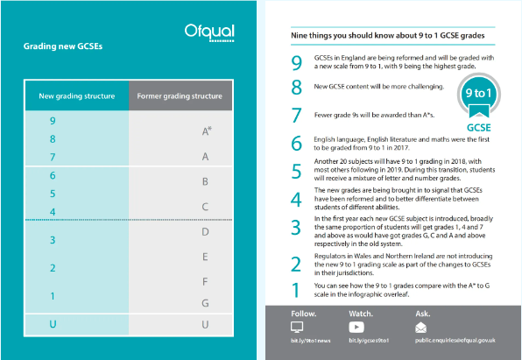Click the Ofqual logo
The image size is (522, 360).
(209, 32)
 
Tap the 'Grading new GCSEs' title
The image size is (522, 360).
(63, 46)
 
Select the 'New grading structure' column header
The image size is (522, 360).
(77, 96)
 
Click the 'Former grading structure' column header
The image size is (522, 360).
(180, 96)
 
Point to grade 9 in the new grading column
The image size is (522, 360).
(53, 121)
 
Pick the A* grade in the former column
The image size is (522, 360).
(207, 131)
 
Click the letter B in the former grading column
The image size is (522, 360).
(205, 181)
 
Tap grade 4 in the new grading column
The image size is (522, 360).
(53, 212)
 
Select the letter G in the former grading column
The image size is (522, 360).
(205, 303)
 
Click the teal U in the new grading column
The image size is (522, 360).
(53, 324)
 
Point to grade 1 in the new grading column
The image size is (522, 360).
(53, 296)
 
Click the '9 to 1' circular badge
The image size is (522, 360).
(479, 94)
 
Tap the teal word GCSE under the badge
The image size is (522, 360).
(479, 128)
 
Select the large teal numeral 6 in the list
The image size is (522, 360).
(296, 143)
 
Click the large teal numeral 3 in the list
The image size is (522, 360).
(296, 228)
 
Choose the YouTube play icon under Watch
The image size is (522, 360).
(356, 327)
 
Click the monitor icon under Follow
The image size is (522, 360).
(297, 327)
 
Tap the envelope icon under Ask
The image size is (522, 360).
(420, 328)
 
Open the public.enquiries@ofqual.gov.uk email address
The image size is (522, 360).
(455, 341)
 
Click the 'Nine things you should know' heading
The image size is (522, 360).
(387, 36)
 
